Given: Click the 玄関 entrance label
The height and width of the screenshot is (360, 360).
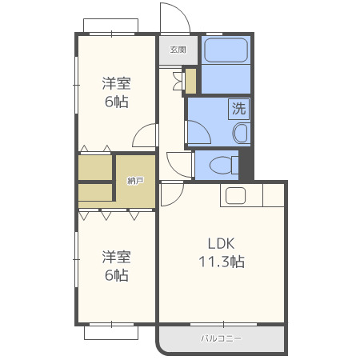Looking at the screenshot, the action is (x=178, y=50).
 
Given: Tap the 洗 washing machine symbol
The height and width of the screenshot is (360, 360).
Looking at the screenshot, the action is (x=239, y=109).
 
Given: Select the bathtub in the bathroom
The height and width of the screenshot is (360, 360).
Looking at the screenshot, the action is (x=226, y=50).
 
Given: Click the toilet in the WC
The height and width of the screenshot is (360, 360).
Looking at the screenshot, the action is (x=224, y=165).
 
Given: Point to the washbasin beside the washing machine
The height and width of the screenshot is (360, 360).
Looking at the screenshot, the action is (x=242, y=133).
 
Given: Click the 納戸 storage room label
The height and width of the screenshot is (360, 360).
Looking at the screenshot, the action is (x=136, y=181).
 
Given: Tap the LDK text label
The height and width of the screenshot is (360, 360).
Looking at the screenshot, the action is (x=221, y=243).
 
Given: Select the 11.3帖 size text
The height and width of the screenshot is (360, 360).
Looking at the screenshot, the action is (x=222, y=262).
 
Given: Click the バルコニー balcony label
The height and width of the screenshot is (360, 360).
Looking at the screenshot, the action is (x=222, y=338).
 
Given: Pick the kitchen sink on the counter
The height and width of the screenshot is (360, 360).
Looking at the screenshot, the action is (x=235, y=195).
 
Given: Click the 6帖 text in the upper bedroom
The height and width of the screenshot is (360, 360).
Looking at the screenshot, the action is (x=117, y=102).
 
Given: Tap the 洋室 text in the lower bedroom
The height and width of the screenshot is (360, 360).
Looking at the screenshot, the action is (x=117, y=257).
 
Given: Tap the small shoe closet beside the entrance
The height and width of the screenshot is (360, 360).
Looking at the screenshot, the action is (x=190, y=82).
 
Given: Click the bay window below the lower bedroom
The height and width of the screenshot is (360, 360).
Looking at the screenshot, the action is (x=111, y=333).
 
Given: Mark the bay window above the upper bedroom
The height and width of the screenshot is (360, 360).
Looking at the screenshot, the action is (x=110, y=26).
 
